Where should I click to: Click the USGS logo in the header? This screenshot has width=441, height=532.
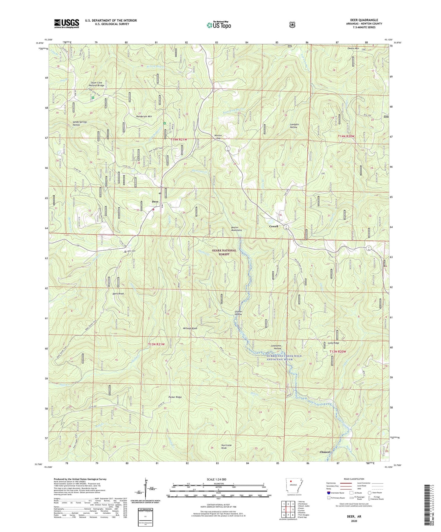click(67, 23)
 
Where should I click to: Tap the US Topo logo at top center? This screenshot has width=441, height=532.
click(218, 25)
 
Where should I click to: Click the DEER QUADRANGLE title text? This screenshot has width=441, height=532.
click(364, 20)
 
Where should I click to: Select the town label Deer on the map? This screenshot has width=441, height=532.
click(155, 202)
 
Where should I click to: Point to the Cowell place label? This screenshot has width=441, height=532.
click(273, 226)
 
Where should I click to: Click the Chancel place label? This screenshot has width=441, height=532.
click(325, 452)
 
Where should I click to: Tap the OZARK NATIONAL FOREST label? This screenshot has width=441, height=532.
click(224, 252)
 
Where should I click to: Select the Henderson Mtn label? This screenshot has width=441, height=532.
click(144, 116)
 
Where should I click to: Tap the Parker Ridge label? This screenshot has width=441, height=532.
click(175, 397)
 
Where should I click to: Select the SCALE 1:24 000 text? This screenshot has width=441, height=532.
click(216, 479)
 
